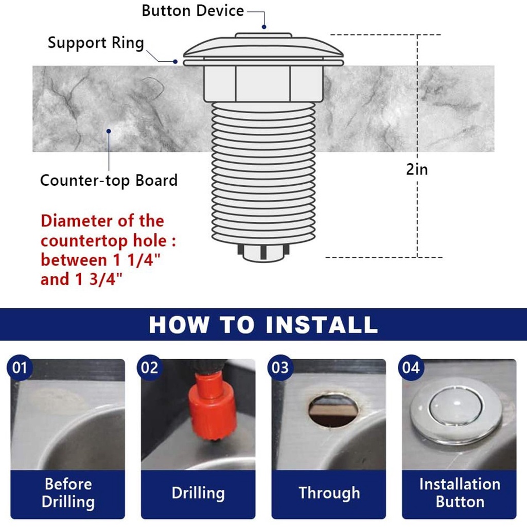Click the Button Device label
pyautogui.click(x=192, y=11)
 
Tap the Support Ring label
pyautogui.click(x=96, y=43)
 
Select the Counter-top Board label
pyautogui.click(x=109, y=181)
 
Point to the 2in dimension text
pyautogui.click(x=417, y=169)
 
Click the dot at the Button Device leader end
pyautogui.click(x=264, y=27)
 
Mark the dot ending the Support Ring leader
pyautogui.click(x=175, y=62)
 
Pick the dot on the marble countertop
pyautogui.click(x=109, y=131)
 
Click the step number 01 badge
pyautogui.click(x=20, y=367)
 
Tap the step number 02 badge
pyautogui.click(x=150, y=367)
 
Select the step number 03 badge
pyautogui.click(x=280, y=367)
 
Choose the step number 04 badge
pyautogui.click(x=411, y=367)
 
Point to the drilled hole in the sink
pyautogui.click(x=333, y=410)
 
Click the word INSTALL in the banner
pyautogui.click(x=322, y=325)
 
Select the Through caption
pyautogui.click(x=329, y=493)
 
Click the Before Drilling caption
pyautogui.click(x=68, y=493)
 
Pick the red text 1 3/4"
pyautogui.click(x=99, y=279)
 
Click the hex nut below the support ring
pyautogui.click(x=263, y=83)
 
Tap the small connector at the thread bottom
pyautogui.click(x=263, y=253)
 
